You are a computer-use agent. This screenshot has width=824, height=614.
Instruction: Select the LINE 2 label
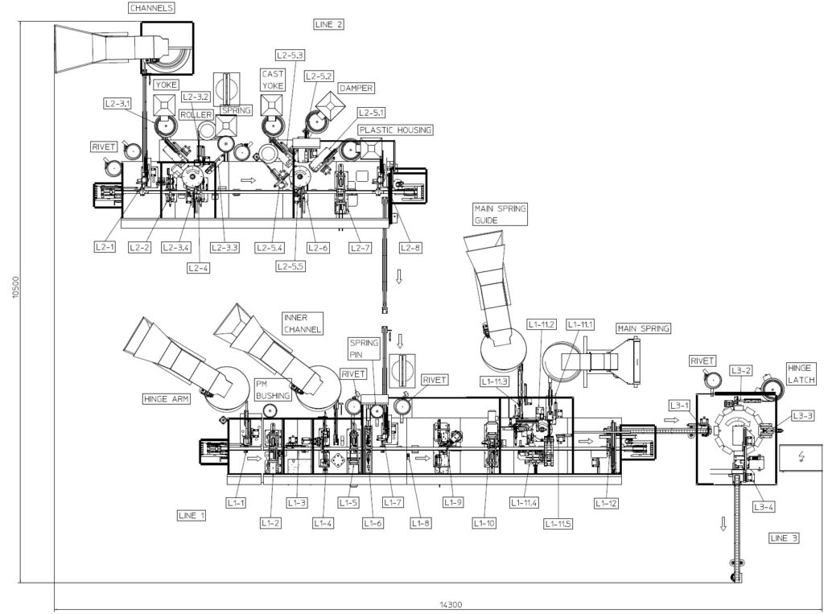tap(329, 24)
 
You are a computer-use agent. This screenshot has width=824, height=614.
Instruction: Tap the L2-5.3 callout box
tap(290, 56)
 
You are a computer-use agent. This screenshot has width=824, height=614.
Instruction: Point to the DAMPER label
tap(356, 89)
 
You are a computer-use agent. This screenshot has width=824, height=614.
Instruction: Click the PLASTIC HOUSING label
tap(395, 130)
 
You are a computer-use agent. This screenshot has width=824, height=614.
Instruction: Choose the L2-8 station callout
tap(410, 247)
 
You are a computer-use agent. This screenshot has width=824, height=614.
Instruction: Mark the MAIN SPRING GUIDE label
tap(500, 215)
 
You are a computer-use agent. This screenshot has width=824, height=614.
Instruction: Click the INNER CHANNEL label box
tap(303, 323)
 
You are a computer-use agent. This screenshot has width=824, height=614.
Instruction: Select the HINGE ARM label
tap(166, 399)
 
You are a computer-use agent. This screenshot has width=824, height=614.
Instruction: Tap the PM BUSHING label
tap(273, 389)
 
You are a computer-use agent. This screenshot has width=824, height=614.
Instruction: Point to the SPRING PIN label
tap(364, 348)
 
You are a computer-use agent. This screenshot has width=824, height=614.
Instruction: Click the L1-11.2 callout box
tap(542, 325)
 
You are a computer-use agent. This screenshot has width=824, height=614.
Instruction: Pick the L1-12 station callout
tap(606, 503)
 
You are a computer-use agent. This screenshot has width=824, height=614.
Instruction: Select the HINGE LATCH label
tap(801, 373)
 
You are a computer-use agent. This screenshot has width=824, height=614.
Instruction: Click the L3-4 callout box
tap(763, 507)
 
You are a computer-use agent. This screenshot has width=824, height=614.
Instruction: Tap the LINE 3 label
tap(784, 538)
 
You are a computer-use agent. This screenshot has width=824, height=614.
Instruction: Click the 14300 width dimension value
tap(451, 605)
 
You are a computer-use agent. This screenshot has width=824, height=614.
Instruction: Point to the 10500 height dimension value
tap(16, 287)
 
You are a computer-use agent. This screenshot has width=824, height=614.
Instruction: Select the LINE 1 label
tap(192, 515)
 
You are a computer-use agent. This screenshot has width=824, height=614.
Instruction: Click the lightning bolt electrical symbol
tap(801, 456)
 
